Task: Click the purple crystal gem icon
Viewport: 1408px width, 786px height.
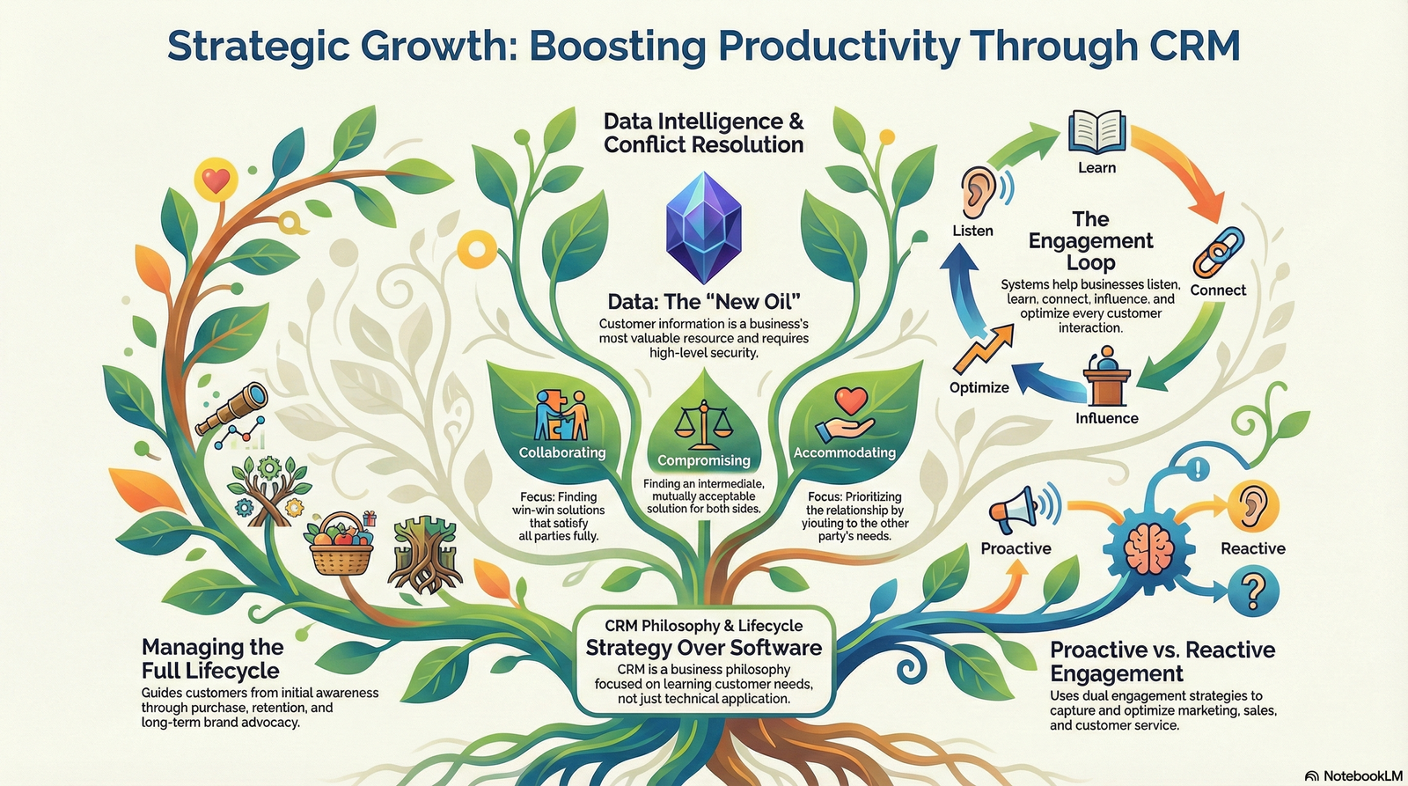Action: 703,227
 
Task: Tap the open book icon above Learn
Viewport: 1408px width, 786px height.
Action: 1096,132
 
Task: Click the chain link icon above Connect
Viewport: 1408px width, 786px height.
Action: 1218,252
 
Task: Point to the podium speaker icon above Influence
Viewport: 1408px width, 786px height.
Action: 1107,375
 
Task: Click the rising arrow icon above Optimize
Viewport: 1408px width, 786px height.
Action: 983,349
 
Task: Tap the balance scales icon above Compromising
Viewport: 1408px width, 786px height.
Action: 703,425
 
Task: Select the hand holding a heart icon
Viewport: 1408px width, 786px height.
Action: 846,415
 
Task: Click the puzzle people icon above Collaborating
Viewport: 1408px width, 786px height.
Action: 561,415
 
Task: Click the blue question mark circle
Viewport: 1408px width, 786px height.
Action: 1253,591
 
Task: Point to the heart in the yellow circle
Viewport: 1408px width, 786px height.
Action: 216,180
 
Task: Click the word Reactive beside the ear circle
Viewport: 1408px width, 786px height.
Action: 1253,548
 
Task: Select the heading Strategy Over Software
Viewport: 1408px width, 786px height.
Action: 703,648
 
